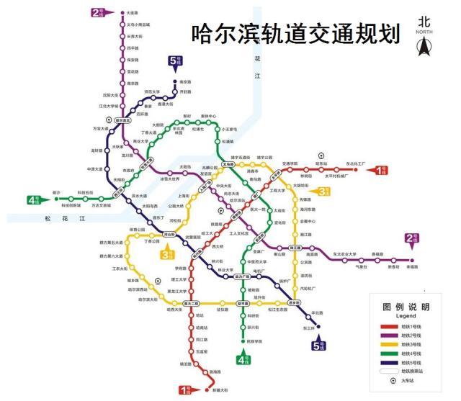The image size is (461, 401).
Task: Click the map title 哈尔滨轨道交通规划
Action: (x=295, y=34)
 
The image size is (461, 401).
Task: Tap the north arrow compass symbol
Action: (x=425, y=48)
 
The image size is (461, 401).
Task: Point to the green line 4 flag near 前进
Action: (x=34, y=200)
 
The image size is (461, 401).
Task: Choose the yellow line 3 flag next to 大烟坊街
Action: (x=322, y=191)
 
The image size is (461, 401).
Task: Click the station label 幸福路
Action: (x=413, y=266)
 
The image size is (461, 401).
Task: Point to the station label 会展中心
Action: (x=308, y=222)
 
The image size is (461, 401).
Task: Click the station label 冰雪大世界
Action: (x=169, y=179)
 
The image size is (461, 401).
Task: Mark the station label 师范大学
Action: (x=153, y=91)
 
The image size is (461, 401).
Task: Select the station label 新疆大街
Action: (x=219, y=390)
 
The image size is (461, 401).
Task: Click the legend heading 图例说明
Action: (x=406, y=307)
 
